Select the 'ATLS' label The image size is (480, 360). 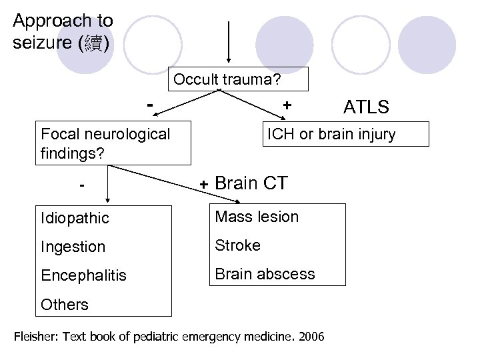point(366,107)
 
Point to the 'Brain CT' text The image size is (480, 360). point(251,183)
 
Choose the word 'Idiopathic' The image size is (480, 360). point(74,218)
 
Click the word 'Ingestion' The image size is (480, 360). point(73,247)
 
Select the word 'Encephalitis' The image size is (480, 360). point(83,275)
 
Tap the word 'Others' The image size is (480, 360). point(64,305)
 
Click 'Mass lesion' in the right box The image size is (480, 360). point(256,217)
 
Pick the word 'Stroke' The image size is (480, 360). point(238,245)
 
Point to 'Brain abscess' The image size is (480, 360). point(264,274)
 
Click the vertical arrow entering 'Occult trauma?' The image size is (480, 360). point(229,43)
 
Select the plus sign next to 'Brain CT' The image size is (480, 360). point(205,184)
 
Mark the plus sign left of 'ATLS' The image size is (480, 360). point(287,106)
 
